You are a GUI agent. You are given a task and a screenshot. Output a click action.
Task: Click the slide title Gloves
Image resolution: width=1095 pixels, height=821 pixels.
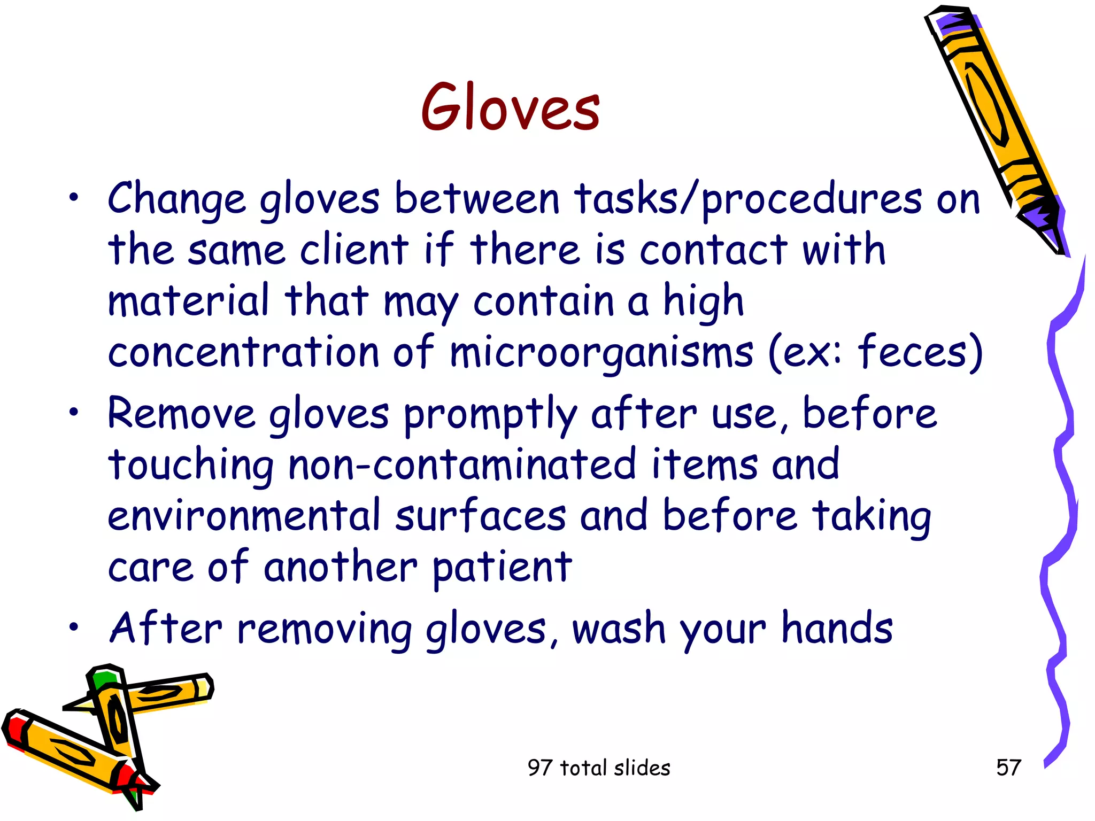[x=510, y=107]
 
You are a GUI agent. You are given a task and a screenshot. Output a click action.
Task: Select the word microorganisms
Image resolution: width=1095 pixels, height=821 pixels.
[x=601, y=353]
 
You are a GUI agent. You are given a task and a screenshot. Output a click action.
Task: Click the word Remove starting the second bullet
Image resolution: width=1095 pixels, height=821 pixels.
[x=182, y=414]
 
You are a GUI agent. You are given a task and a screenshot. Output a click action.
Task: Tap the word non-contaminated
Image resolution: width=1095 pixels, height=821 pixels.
[x=462, y=464]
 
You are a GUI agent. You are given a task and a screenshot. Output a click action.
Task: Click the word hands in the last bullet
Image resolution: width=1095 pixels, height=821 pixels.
[x=837, y=628]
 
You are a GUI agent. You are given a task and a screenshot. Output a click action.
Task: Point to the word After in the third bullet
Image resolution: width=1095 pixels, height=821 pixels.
[x=165, y=628]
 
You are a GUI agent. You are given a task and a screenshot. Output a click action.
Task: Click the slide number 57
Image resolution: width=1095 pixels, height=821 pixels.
[x=1008, y=768]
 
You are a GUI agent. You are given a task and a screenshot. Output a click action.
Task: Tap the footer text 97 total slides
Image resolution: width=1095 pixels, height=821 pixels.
[x=598, y=768]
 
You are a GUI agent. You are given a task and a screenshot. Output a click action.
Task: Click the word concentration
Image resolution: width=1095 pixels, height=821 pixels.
[x=243, y=353]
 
